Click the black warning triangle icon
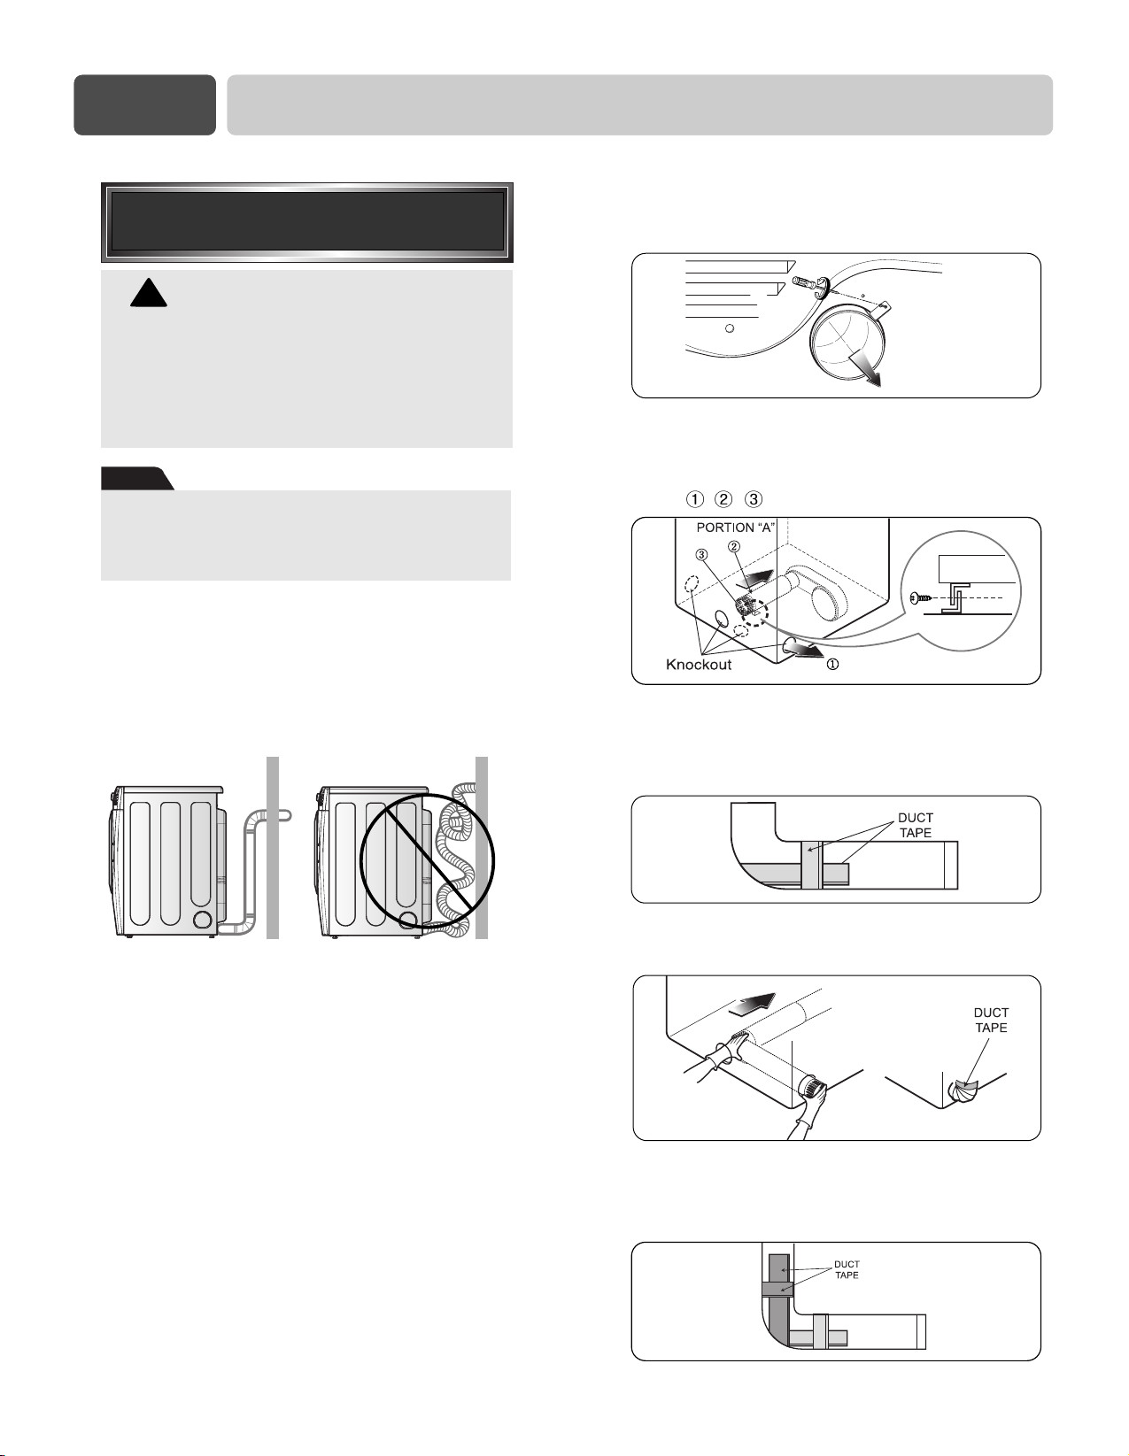(148, 294)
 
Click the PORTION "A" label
(736, 528)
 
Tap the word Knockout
(698, 665)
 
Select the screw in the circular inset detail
(922, 597)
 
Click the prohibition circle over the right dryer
(427, 861)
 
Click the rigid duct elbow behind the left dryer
(255, 870)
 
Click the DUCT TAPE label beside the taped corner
(990, 1020)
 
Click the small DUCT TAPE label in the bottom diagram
(847, 1270)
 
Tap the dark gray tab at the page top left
(144, 105)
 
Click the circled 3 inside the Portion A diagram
(701, 555)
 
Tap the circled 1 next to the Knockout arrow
(831, 665)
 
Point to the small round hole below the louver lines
(731, 328)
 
